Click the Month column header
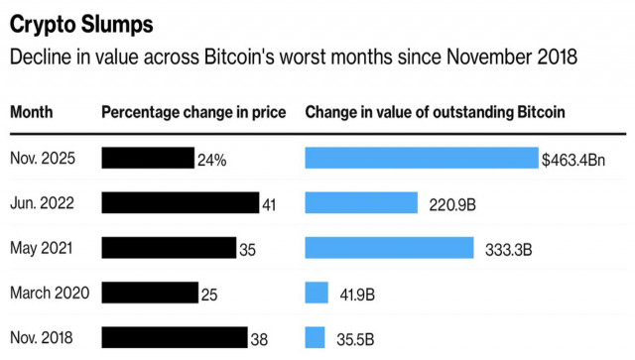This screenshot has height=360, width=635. tap(32, 112)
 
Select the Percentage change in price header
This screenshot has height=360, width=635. tap(193, 112)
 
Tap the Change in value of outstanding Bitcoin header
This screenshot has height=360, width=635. tap(435, 112)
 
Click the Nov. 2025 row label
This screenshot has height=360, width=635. tap(44, 158)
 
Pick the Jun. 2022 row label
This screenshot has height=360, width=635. tap(44, 203)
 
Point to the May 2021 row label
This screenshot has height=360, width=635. tap(43, 248)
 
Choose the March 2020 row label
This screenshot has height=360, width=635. tap(50, 293)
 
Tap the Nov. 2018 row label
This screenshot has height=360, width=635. tap(44, 337)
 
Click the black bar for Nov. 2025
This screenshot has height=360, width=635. tap(148, 158)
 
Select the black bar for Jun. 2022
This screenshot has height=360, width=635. tap(181, 203)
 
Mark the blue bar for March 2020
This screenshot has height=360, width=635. tap(317, 293)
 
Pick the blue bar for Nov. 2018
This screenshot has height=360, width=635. tap(315, 337)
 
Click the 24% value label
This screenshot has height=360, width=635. tap(211, 159)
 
